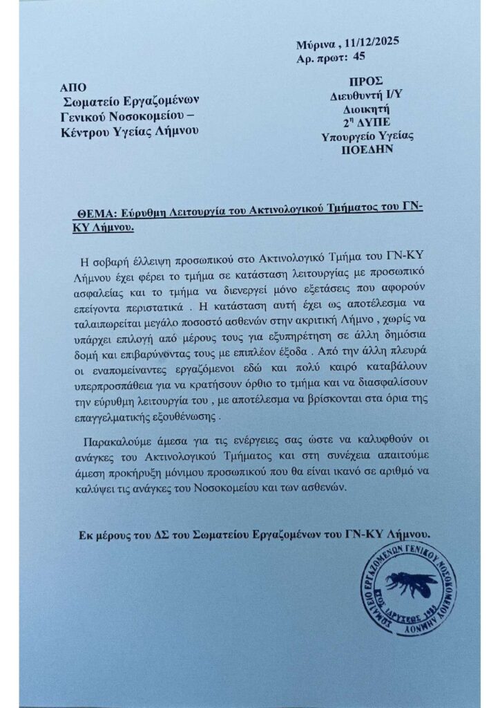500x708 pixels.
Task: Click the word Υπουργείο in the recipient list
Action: [x=349, y=136]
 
